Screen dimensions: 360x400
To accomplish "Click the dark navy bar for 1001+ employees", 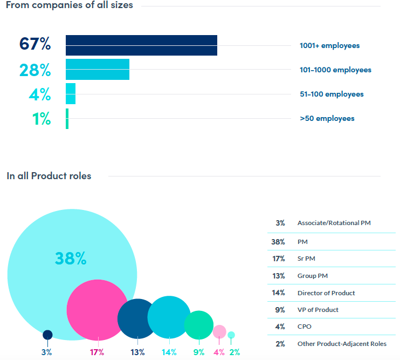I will [141, 45].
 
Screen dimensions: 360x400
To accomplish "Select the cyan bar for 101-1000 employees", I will [98, 69].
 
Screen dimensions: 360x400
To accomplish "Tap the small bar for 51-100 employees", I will [71, 93].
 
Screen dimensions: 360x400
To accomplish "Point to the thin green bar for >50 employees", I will [67, 118].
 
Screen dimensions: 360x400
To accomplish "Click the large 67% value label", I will [35, 44].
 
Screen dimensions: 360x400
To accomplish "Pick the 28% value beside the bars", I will [35, 70].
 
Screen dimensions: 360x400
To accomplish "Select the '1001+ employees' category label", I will [329, 46].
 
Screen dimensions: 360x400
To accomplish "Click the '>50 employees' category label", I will [327, 118].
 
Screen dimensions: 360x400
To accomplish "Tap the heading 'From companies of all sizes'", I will [70, 5].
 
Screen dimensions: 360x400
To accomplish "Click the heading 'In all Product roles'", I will [49, 176].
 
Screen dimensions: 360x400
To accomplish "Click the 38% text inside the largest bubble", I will [71, 259].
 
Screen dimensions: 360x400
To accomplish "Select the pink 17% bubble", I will [96, 310].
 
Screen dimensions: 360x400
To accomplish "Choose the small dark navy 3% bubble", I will [47, 335].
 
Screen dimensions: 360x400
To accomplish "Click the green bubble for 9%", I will [199, 324].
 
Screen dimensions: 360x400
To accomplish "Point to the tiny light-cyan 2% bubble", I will [231, 335].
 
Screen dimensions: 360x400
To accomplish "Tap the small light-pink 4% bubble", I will [219, 331].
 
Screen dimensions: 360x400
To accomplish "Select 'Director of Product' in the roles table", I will [326, 293].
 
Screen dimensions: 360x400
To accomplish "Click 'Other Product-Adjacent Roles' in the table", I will [342, 344].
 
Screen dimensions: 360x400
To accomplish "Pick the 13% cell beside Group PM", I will [278, 276].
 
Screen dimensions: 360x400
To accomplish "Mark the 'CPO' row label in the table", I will [305, 327].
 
